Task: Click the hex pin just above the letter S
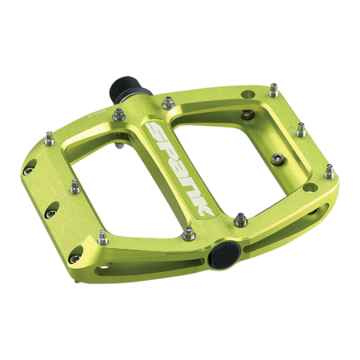tap(170, 102)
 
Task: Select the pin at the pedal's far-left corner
tap(47, 135)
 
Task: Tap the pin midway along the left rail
tap(74, 186)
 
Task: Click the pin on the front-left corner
tap(102, 235)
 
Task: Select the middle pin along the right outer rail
tap(301, 128)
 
